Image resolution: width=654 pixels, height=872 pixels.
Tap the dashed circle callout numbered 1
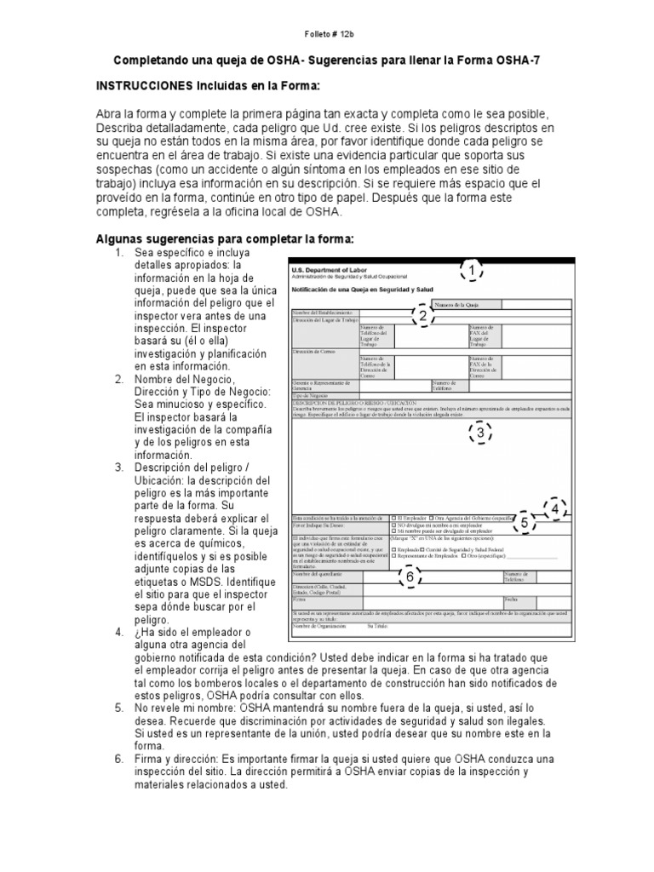(x=471, y=271)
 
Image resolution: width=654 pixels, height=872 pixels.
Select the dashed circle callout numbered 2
(x=422, y=317)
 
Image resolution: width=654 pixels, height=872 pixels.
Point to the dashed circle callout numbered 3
(x=480, y=433)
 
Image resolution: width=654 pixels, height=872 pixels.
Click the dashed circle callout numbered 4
(x=556, y=510)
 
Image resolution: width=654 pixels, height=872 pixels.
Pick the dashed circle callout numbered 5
(x=525, y=523)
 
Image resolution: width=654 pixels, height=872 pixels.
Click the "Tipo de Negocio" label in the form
(x=311, y=394)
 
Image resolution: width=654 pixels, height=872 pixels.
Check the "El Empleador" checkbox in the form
(x=393, y=517)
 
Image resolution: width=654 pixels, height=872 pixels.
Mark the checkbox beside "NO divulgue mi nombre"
(x=393, y=526)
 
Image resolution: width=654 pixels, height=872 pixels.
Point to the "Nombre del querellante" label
(x=321, y=575)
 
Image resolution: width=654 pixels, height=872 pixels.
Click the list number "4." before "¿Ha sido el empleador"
(x=119, y=633)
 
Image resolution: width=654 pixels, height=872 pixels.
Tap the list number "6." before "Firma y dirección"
(x=119, y=759)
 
